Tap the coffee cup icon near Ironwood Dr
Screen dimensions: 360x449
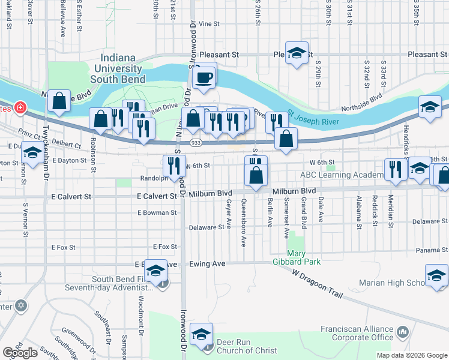tap(204, 76)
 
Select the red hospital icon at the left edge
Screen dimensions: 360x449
tap(20, 107)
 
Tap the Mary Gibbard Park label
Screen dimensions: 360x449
tap(303, 257)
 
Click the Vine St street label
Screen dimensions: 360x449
tap(209, 24)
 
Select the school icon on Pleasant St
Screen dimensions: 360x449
tap(297, 53)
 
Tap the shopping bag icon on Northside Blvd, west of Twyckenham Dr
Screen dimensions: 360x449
tap(59, 102)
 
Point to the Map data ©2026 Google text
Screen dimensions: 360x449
tap(412, 355)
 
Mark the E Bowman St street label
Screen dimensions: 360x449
tap(157, 212)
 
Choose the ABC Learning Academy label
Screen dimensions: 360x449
tap(342, 175)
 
